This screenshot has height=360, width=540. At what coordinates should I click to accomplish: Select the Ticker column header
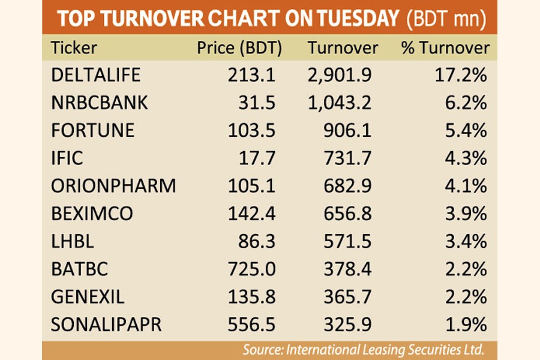(74, 48)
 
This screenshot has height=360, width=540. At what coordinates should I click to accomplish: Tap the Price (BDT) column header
(239, 48)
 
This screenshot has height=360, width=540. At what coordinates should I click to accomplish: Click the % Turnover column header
(445, 48)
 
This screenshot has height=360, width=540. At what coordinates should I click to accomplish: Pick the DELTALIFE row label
(96, 75)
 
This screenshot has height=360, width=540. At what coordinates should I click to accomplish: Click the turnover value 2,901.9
(339, 75)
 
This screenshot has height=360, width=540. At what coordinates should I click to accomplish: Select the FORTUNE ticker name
(92, 130)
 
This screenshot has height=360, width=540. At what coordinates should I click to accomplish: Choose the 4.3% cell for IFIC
(466, 158)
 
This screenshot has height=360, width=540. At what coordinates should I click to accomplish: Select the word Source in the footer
(262, 349)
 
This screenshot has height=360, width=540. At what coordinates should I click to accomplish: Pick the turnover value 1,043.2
(339, 103)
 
